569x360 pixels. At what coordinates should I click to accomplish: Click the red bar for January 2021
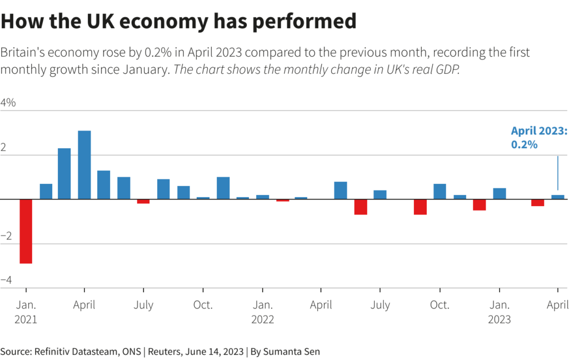(26, 231)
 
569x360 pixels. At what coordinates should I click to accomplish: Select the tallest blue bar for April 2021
(84, 164)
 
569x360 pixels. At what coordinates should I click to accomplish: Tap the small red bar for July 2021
(143, 201)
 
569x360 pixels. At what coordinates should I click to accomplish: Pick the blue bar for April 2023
(558, 197)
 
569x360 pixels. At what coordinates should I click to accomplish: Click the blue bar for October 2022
(440, 191)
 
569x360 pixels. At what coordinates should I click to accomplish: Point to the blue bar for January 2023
(500, 193)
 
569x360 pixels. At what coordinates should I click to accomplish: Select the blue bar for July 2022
(380, 194)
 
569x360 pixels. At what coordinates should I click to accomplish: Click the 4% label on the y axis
(8, 103)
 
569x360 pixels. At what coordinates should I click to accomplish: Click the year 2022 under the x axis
(262, 320)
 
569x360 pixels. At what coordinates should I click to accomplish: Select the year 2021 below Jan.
(26, 320)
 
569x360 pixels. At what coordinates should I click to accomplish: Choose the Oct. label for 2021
(203, 305)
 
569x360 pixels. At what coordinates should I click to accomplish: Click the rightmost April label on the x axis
(557, 305)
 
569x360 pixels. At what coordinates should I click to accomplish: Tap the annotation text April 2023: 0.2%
(538, 138)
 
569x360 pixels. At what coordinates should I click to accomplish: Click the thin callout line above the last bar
(558, 172)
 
